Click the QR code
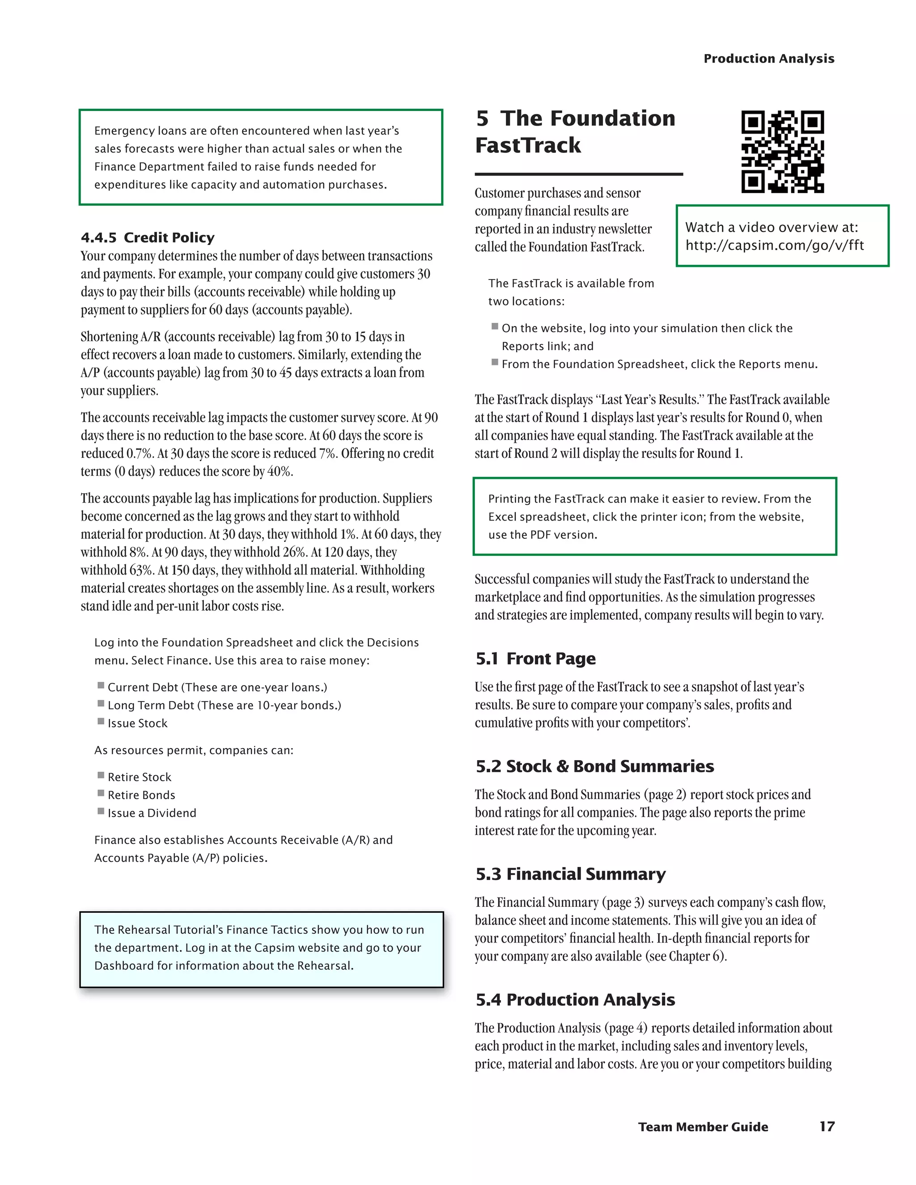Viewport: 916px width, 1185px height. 783,152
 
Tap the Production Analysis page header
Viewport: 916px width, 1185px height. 768,59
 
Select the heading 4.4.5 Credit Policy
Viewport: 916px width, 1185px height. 148,237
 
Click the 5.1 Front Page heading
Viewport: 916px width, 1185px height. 535,659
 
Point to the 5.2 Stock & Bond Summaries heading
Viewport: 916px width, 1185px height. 595,766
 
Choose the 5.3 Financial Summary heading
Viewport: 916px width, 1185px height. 570,874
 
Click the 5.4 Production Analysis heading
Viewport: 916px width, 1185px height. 575,999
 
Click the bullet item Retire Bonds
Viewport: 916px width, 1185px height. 141,795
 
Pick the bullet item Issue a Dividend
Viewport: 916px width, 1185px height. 152,813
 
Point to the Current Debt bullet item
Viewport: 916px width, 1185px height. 217,687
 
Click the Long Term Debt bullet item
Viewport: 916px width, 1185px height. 224,705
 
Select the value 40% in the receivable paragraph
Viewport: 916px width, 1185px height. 279,471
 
